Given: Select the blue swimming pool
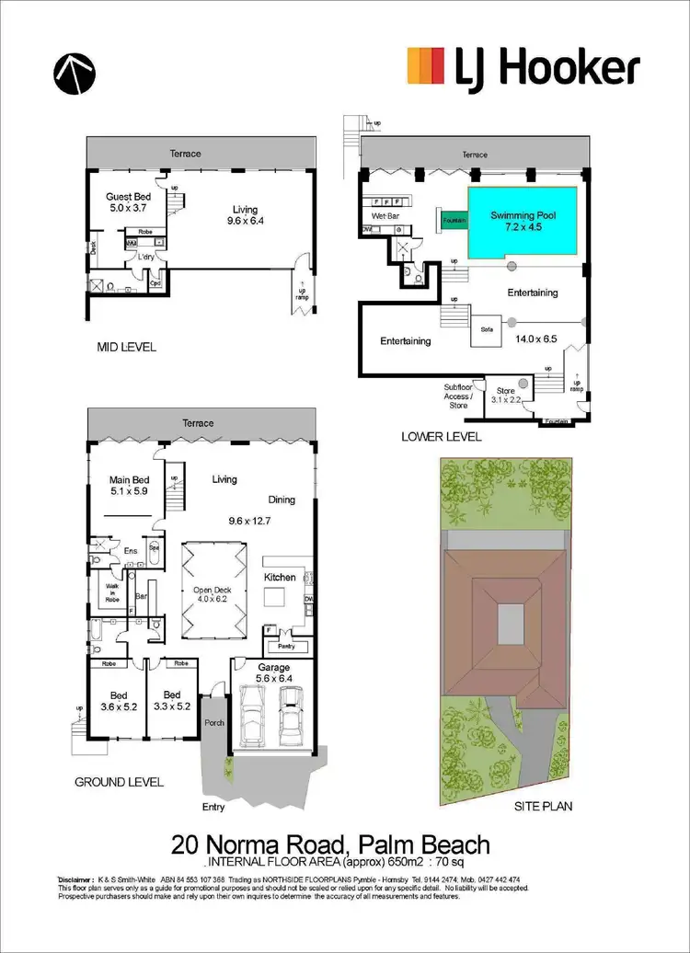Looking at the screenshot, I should click(523, 224).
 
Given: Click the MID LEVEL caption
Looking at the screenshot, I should click(126, 347).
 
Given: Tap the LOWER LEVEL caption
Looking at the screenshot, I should click(441, 437).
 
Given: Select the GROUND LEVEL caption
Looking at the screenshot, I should click(120, 782).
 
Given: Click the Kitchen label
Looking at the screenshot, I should click(281, 577).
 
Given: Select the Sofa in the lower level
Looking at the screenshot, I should click(485, 328).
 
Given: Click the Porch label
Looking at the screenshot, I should click(213, 722).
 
